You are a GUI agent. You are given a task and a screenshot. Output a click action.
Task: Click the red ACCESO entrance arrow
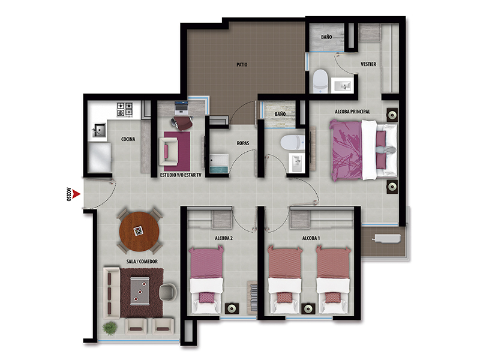click(77, 194)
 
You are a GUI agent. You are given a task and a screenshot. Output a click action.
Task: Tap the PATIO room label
click(242, 65)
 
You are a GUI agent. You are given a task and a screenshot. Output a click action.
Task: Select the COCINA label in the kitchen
click(128, 139)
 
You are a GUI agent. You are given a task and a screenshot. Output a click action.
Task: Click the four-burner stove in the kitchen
click(125, 110)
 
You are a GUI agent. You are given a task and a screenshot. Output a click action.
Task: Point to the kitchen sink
click(99, 130)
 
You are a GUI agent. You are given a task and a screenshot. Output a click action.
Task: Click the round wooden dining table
click(139, 232)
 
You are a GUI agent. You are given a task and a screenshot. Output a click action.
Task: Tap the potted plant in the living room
click(110, 328)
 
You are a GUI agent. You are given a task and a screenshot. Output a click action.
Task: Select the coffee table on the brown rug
click(140, 291)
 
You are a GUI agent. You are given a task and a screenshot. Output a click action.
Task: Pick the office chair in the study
click(182, 123)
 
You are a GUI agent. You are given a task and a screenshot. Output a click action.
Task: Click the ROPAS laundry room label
click(243, 143)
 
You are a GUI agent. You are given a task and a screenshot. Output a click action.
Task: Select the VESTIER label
click(368, 64)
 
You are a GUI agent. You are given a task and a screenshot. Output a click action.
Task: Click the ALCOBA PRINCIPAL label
click(352, 112)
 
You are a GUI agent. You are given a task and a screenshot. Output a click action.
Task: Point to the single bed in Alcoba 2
click(206, 280)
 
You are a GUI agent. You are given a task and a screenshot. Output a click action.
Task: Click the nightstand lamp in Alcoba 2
click(232, 308)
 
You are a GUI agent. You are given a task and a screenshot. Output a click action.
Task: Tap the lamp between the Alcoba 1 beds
click(308, 308)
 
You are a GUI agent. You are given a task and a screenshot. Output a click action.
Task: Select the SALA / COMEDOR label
click(142, 262)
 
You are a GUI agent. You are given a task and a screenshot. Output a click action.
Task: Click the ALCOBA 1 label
click(311, 238)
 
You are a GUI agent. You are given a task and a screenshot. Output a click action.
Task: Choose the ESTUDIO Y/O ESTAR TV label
click(181, 175)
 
